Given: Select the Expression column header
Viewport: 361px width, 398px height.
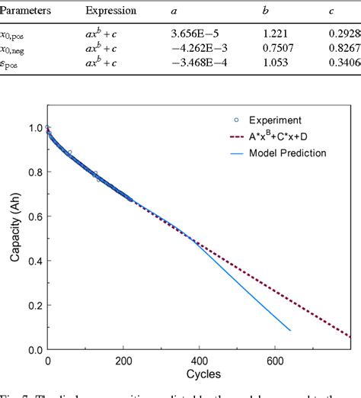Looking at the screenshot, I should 111,12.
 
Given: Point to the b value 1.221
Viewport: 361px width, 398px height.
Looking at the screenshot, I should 285,34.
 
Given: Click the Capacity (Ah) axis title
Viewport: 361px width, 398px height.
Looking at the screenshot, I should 14,236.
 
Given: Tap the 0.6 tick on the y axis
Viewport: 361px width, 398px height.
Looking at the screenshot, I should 31,217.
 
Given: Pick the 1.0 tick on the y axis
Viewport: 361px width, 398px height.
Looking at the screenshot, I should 31,128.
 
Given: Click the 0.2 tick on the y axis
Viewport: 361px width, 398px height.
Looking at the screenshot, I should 31,306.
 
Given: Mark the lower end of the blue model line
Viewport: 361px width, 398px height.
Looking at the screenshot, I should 290,330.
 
